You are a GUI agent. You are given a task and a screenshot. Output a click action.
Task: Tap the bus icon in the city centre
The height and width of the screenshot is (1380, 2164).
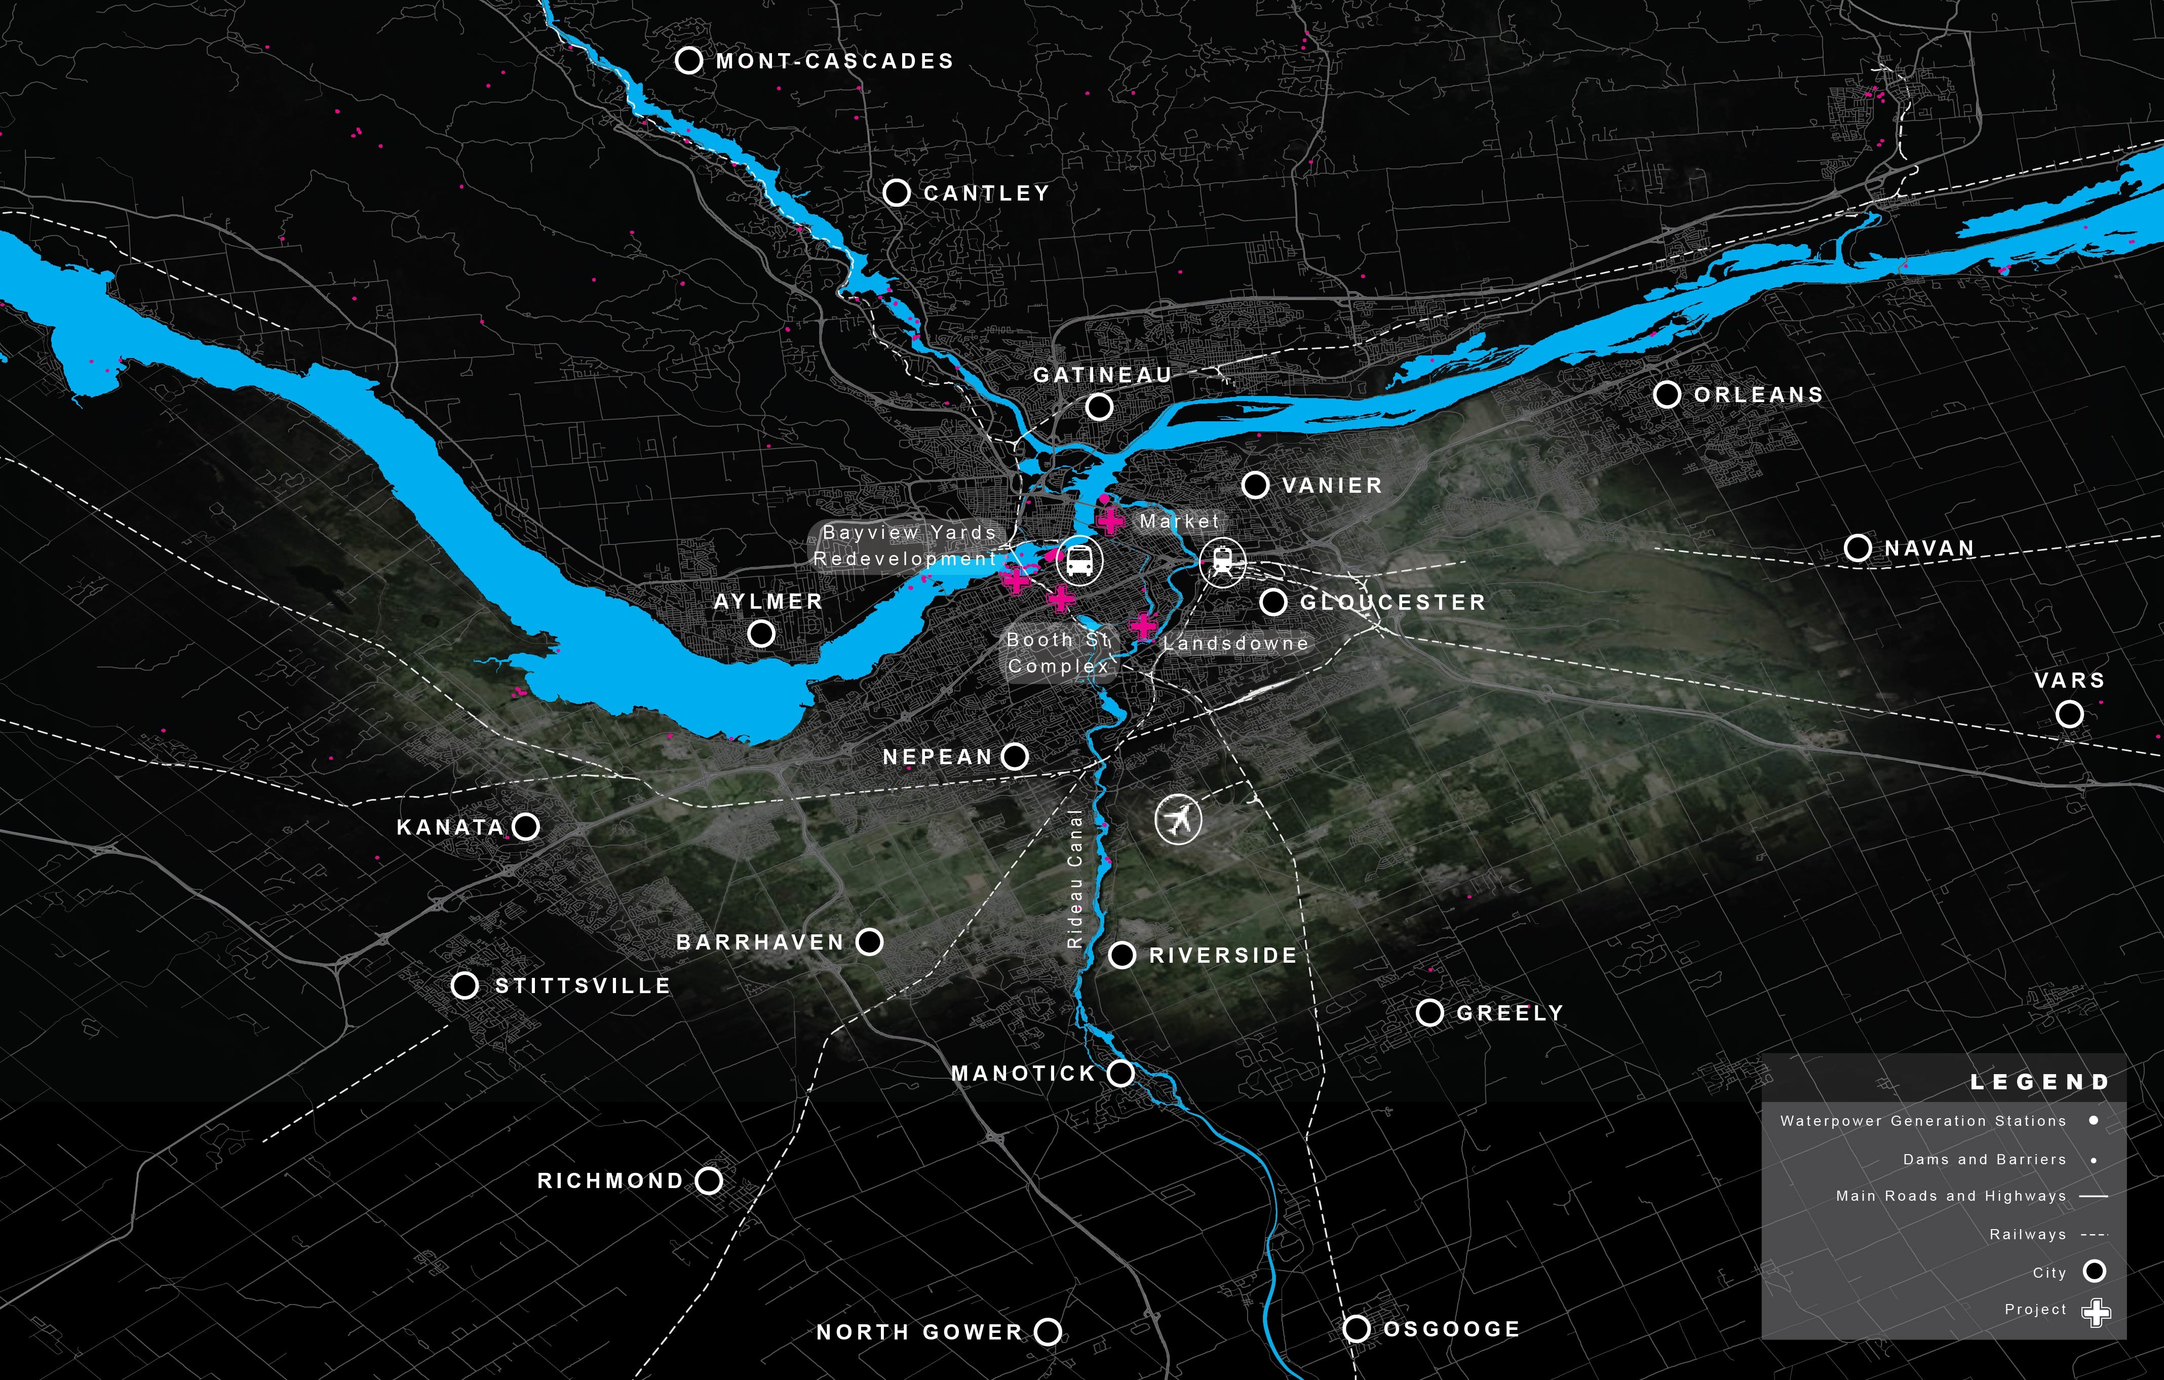click(x=1079, y=561)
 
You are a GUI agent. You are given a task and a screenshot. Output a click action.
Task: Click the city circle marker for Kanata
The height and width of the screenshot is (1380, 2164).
click(x=526, y=826)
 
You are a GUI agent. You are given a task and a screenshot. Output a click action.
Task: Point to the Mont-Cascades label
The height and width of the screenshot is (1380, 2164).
click(x=834, y=61)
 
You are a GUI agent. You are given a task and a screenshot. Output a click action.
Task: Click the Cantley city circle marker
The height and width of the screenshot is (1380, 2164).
click(x=896, y=192)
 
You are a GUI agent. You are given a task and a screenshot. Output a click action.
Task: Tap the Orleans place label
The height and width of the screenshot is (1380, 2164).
click(x=1758, y=396)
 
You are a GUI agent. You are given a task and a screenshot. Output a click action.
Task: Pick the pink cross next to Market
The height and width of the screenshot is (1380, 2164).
click(x=1111, y=519)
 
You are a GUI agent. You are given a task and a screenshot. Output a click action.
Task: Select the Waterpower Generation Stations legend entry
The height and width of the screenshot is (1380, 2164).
click(x=1923, y=1121)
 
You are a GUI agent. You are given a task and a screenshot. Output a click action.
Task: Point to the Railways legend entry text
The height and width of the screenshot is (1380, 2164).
click(x=2027, y=1235)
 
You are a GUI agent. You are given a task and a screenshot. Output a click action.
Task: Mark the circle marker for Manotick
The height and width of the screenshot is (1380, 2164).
click(x=1120, y=1073)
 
